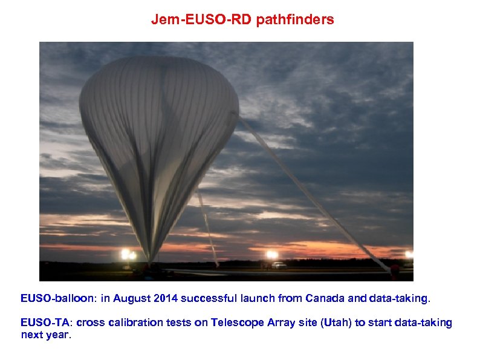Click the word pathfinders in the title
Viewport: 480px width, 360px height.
295,20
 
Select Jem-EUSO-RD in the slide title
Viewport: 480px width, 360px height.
202,20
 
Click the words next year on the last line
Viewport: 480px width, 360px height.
46,335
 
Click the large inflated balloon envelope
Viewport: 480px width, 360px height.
158,127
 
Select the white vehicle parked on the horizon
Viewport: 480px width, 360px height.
279,265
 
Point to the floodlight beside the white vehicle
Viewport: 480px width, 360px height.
272,255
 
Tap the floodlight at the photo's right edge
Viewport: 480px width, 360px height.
409,255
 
